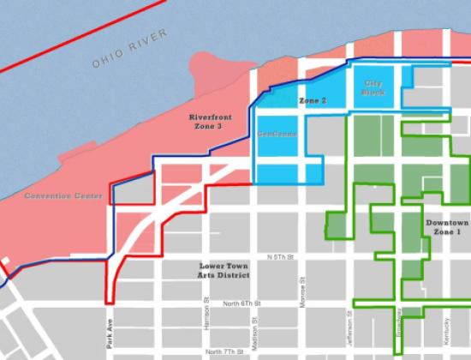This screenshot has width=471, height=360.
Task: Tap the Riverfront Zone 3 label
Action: [205, 121]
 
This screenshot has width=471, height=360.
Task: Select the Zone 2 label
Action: [313, 100]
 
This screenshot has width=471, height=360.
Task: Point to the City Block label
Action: [374, 87]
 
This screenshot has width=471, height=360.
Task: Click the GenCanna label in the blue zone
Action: [278, 135]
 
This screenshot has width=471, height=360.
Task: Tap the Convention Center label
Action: [63, 195]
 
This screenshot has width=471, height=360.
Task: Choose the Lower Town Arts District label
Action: [223, 271]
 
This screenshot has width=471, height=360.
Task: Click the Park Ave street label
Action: [110, 330]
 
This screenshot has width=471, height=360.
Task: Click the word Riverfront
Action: [206, 115]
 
